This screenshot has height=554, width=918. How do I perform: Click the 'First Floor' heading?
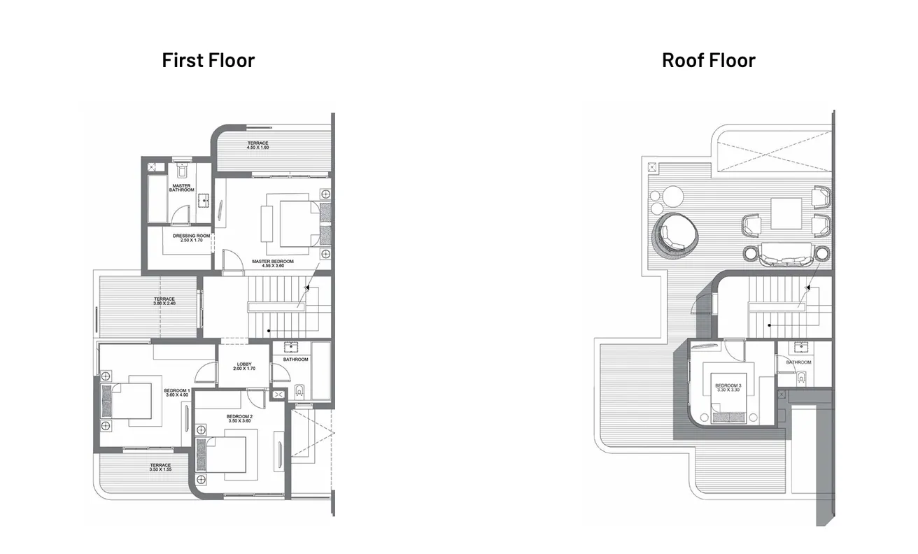click(x=208, y=60)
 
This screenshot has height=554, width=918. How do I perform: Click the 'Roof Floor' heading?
click(x=708, y=60)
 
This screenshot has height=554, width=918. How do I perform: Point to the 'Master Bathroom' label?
click(x=181, y=188)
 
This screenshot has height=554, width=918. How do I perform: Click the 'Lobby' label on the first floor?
click(x=243, y=366)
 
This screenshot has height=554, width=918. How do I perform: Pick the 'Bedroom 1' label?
click(x=176, y=392)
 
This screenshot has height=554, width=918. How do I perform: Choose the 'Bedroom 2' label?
click(x=239, y=418)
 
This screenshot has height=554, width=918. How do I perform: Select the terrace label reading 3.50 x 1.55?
click(x=160, y=467)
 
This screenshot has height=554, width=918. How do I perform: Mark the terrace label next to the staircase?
click(x=164, y=301)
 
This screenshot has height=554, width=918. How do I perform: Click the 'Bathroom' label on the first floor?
click(x=295, y=360)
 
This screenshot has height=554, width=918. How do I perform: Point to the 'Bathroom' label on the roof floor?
click(x=798, y=362)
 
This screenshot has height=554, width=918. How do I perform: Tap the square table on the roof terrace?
click(x=786, y=213)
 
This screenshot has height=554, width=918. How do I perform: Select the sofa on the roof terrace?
click(x=787, y=255)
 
